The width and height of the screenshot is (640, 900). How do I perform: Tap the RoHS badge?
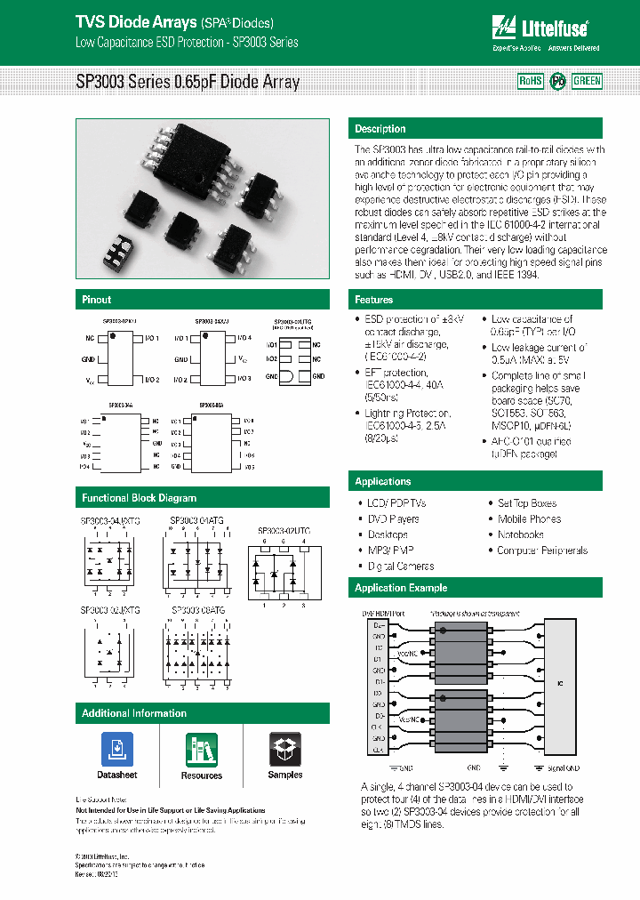click(530, 81)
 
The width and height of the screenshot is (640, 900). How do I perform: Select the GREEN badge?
click(587, 81)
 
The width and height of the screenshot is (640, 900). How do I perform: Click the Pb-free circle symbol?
click(557, 81)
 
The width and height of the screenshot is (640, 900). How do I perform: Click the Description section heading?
click(380, 129)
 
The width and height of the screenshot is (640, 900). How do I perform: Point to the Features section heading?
click(374, 300)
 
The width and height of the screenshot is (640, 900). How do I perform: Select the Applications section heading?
click(383, 481)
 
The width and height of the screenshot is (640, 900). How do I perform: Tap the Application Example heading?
click(401, 588)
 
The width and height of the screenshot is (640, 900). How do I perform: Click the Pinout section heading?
click(97, 300)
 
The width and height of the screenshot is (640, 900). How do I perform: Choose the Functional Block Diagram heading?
click(139, 498)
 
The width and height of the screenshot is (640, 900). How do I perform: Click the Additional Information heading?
click(134, 713)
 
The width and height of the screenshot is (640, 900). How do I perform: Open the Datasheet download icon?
click(117, 750)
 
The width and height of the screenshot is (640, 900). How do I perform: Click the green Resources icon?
click(202, 750)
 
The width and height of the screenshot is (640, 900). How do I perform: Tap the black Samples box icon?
click(285, 750)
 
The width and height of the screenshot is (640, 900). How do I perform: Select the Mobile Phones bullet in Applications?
click(530, 518)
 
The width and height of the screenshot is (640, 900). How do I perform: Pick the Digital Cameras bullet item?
click(401, 567)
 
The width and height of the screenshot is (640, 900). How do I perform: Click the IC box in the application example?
click(561, 684)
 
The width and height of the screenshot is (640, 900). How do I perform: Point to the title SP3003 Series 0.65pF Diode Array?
click(188, 82)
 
